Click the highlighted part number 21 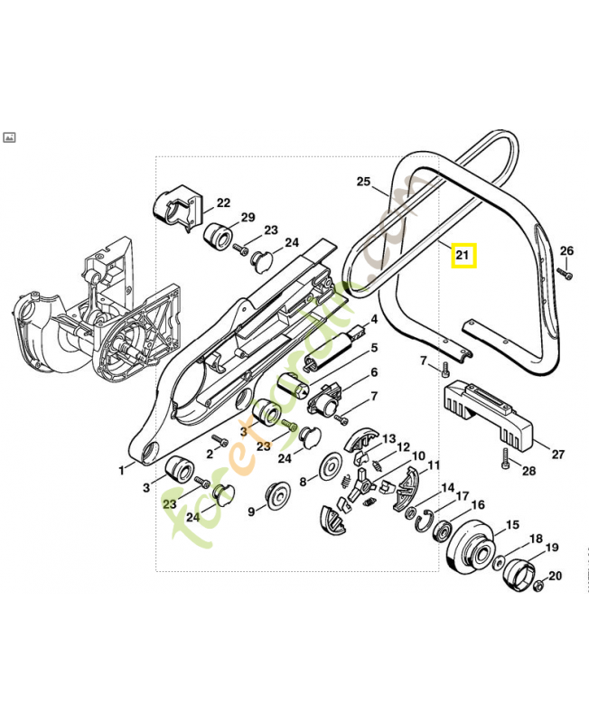(x=463, y=257)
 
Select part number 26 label (x=566, y=250)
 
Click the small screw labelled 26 (x=562, y=270)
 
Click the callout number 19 (x=551, y=547)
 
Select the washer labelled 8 (x=332, y=468)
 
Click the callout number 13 (x=388, y=438)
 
